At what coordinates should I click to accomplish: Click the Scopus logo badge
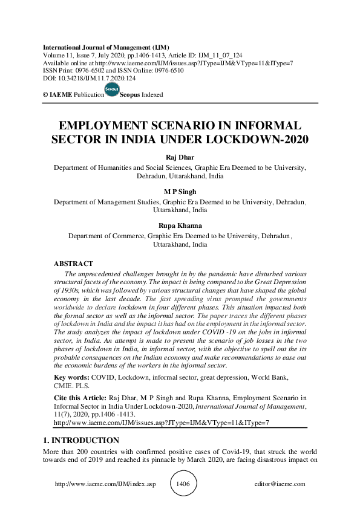tap(112, 89)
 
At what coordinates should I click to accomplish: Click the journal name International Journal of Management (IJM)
tap(106, 47)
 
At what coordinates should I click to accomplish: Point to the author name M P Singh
tap(180, 192)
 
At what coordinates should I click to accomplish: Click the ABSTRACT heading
tap(73, 264)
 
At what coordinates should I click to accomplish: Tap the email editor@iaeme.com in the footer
tap(281, 484)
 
